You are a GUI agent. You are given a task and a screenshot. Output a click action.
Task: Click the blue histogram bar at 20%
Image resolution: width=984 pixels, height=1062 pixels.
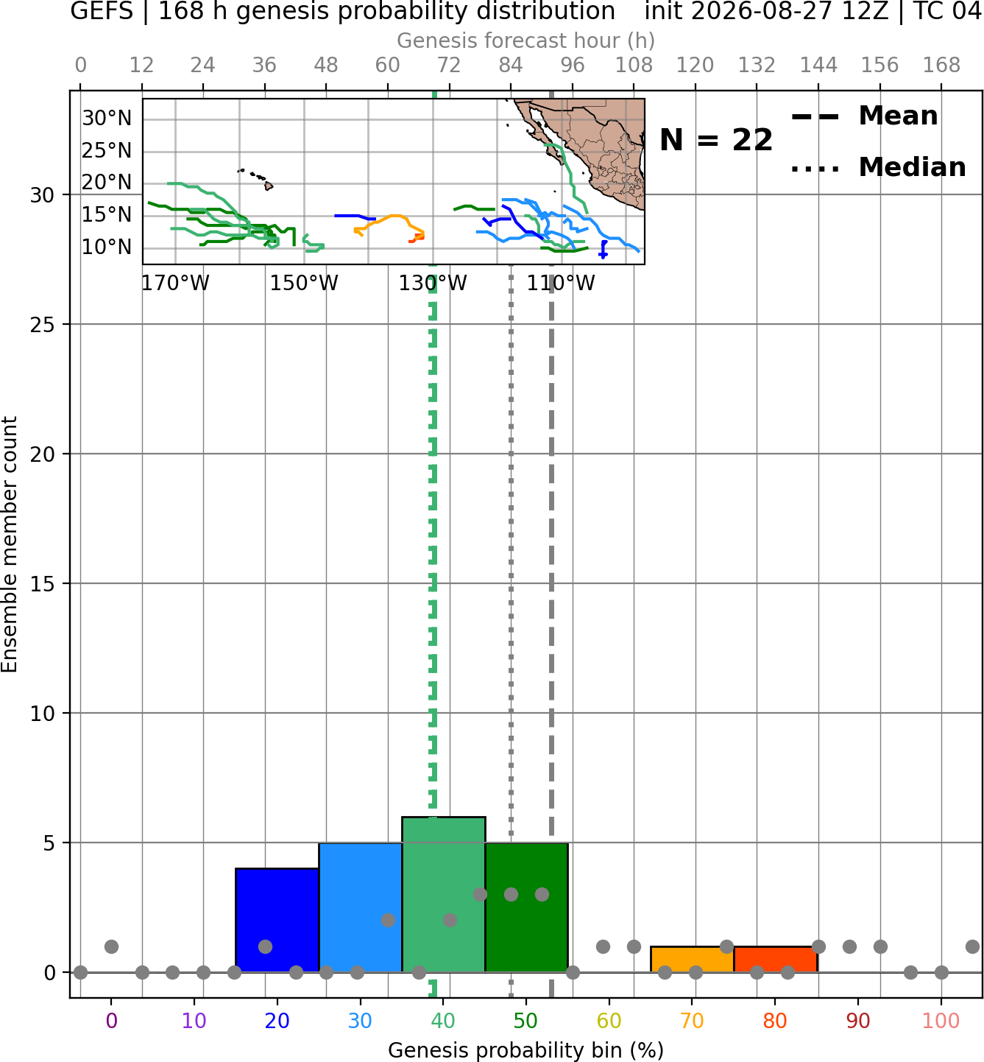click(x=277, y=920)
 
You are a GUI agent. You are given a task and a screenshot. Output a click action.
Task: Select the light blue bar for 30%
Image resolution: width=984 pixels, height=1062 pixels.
click(x=361, y=907)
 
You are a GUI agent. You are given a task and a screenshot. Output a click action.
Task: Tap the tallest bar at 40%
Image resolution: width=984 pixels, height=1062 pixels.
click(x=444, y=894)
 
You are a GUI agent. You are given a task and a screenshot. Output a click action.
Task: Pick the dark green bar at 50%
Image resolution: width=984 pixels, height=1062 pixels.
click(x=526, y=907)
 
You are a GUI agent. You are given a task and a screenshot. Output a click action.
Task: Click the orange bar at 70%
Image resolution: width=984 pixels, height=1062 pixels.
click(x=692, y=960)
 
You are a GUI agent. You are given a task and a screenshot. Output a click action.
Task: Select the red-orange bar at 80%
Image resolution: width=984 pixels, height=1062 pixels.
click(x=776, y=960)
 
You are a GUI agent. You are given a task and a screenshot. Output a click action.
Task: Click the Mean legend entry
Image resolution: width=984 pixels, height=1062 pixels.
click(x=864, y=116)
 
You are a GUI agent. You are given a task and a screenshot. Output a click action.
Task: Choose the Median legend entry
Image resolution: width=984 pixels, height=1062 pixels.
click(x=878, y=167)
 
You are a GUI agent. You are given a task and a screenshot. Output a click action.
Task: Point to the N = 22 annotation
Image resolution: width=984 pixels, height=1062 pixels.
click(x=716, y=140)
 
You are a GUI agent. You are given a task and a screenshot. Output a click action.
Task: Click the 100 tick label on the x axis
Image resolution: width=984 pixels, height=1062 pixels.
click(x=941, y=1021)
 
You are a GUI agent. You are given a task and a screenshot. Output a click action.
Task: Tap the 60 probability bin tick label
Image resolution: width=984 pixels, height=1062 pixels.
click(x=609, y=1021)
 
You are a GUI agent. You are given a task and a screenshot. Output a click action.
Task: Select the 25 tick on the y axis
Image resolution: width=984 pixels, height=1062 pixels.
click(x=43, y=325)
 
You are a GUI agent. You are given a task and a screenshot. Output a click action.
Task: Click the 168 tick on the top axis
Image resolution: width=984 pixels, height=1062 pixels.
click(x=941, y=66)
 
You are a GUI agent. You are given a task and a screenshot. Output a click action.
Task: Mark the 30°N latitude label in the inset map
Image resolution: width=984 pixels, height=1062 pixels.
click(x=107, y=118)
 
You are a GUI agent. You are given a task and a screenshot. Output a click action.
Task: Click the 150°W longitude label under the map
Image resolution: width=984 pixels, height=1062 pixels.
click(x=304, y=284)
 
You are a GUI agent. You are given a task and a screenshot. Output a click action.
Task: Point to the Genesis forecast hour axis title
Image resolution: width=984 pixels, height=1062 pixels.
click(x=526, y=41)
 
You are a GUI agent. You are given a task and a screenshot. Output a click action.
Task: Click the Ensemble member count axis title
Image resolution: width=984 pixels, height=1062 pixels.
click(x=10, y=544)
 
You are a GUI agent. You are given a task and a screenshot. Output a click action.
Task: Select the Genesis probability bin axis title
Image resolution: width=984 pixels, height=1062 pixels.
click(x=526, y=1050)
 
